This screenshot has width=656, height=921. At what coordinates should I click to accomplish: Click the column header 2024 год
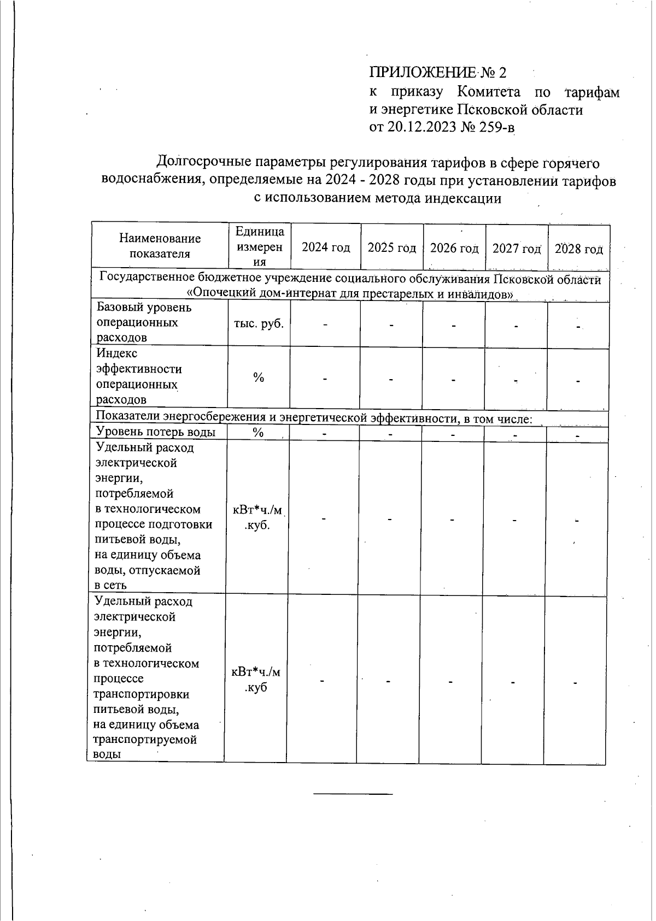[x=326, y=247]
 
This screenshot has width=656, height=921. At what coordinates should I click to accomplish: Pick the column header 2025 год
[x=391, y=248]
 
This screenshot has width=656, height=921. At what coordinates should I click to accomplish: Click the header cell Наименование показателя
[x=160, y=246]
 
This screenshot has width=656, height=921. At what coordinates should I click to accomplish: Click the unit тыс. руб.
[x=259, y=323]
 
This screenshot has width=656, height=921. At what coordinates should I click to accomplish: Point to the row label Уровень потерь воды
[x=155, y=432]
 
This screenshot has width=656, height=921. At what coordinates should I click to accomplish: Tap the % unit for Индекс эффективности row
[x=259, y=377]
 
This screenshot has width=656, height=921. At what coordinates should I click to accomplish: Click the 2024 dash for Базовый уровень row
[x=325, y=324]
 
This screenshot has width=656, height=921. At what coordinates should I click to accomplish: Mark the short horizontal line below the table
[x=353, y=793]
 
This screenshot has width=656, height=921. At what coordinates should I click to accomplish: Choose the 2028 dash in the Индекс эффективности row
[x=578, y=381]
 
